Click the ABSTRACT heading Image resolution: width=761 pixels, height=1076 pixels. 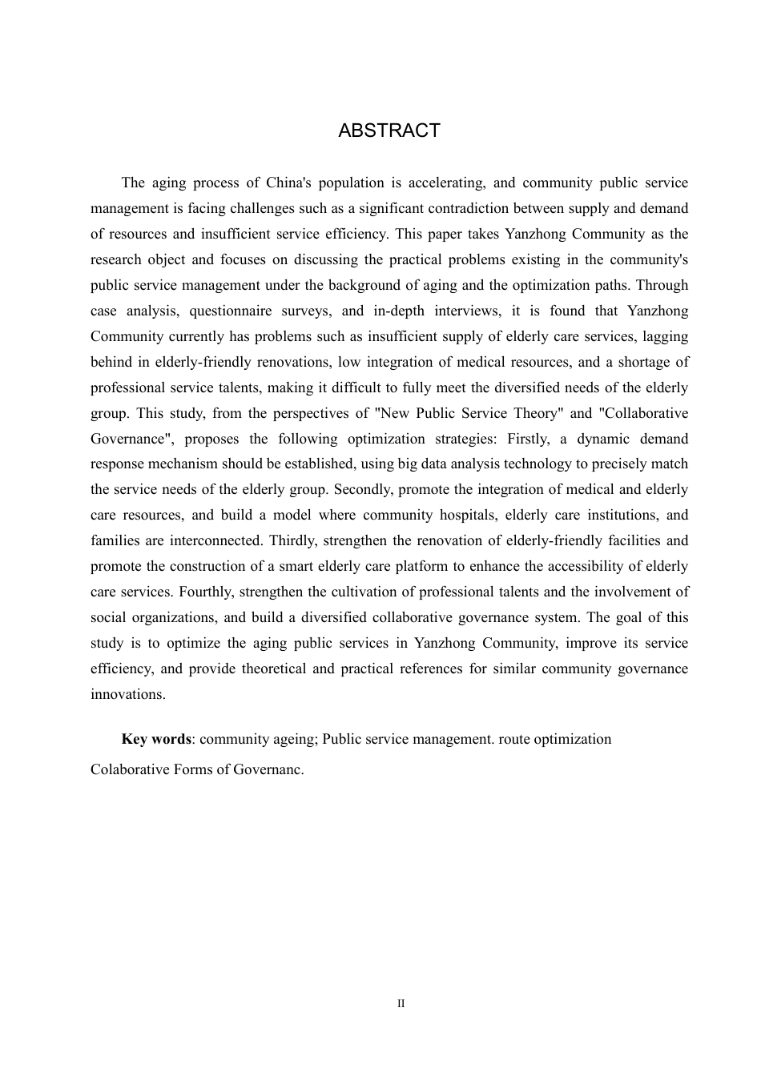pyautogui.click(x=389, y=131)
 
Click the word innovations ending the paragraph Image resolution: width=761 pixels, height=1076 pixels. pyautogui.click(x=128, y=695)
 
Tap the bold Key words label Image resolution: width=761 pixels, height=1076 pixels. pyautogui.click(x=156, y=740)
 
